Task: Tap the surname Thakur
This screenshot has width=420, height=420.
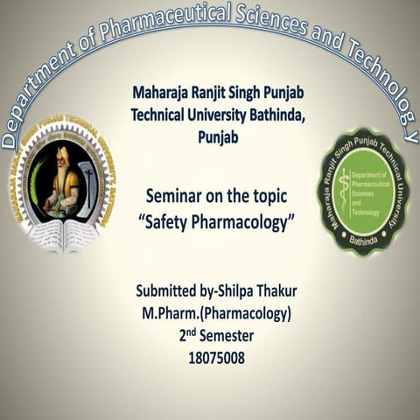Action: pos(266,291)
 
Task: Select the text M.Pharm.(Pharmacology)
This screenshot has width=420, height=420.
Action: pos(209,314)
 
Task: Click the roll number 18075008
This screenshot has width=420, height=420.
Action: pos(210,358)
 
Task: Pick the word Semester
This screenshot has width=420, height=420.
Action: pos(222,336)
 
